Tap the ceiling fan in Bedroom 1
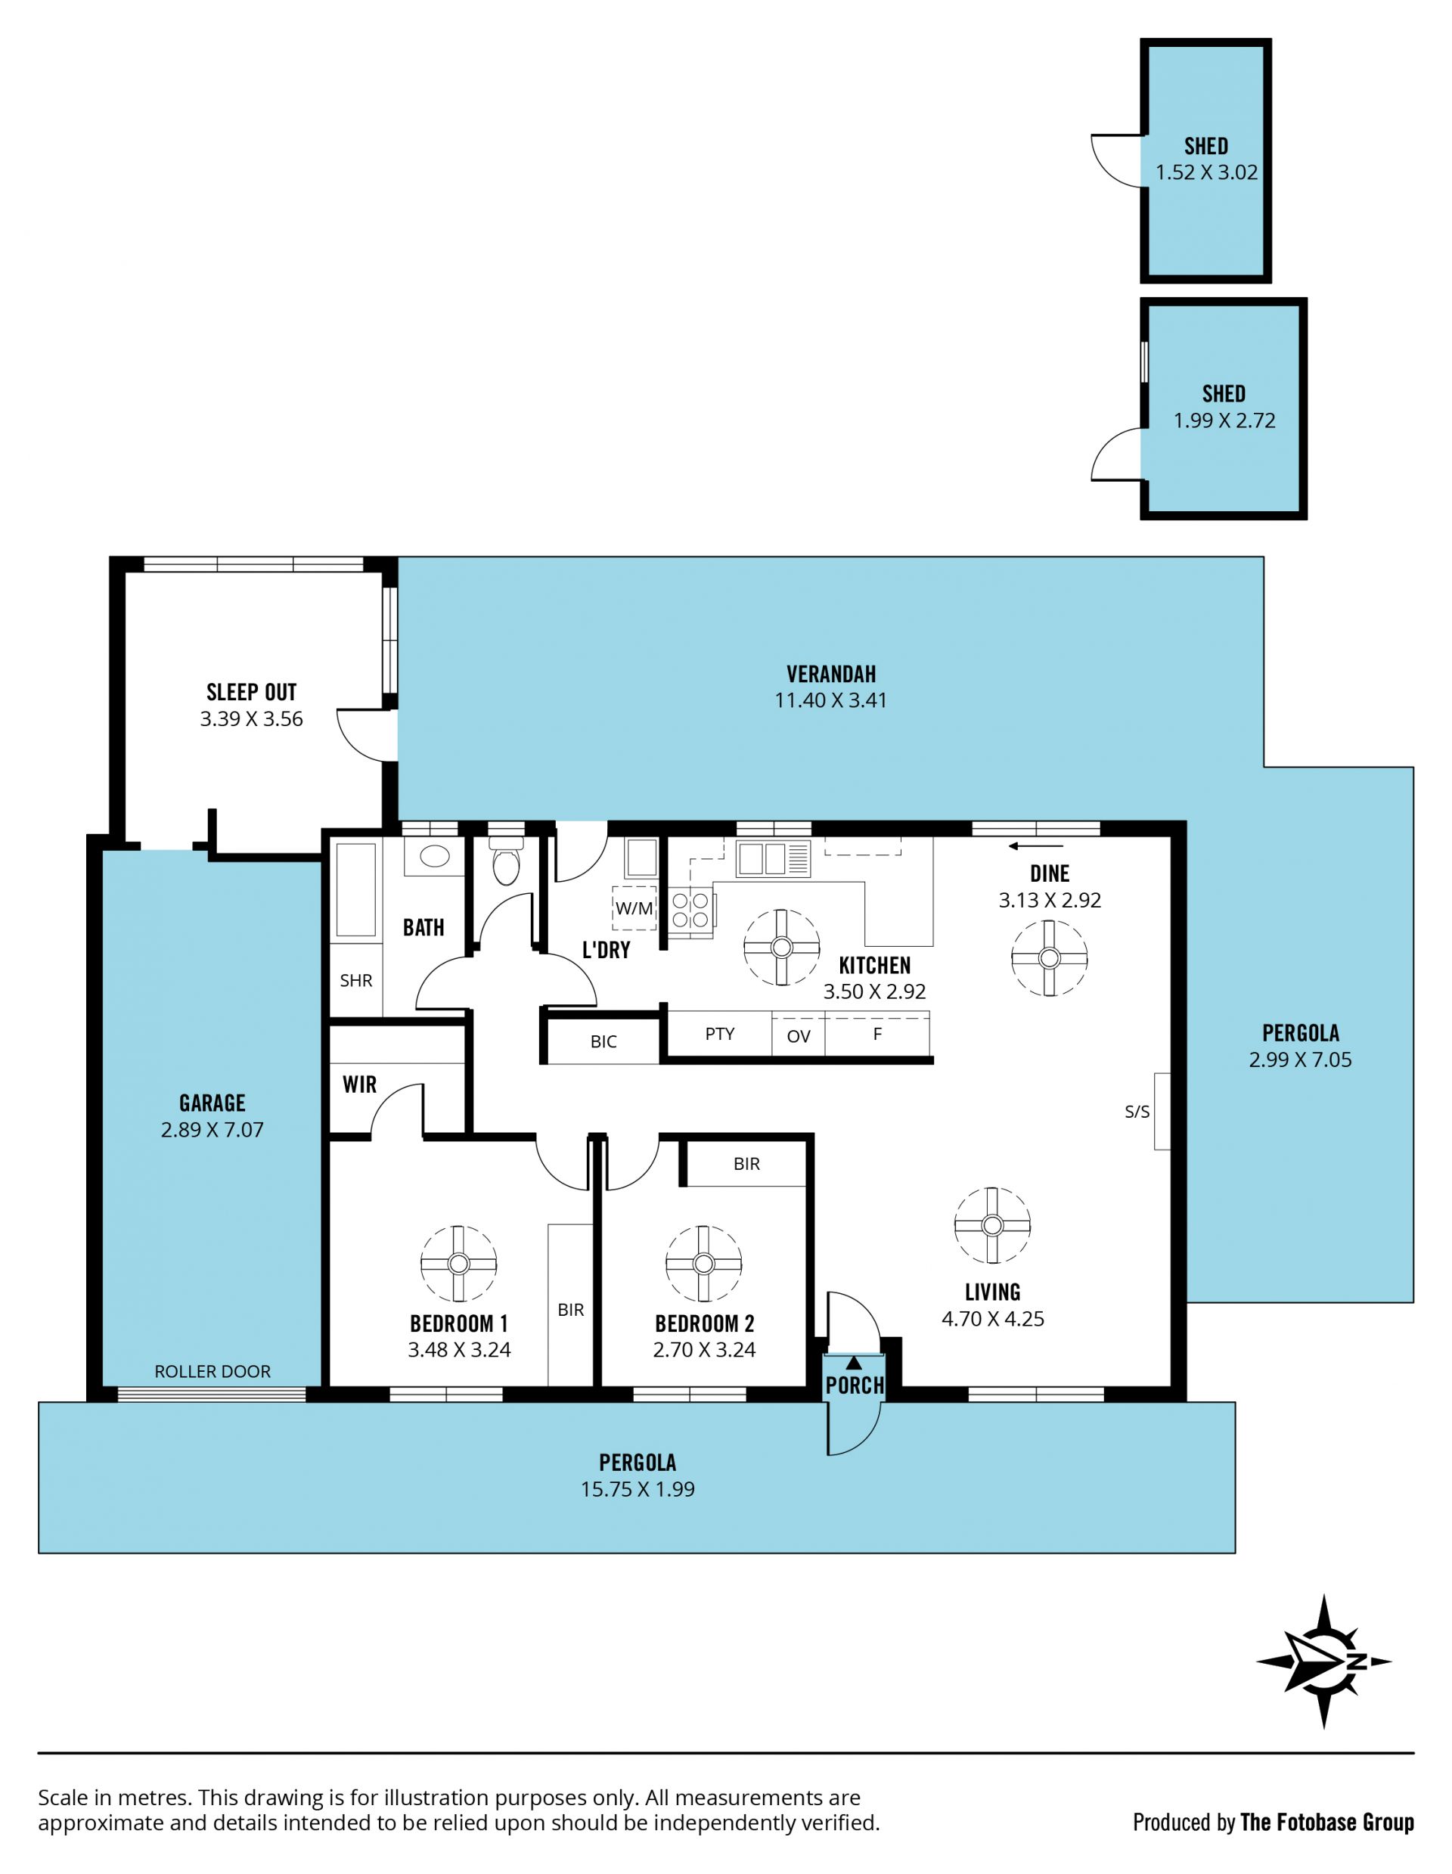tap(458, 1263)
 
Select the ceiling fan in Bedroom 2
tap(703, 1263)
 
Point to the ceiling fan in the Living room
tap(992, 1225)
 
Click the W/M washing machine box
tap(634, 908)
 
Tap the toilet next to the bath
tap(507, 861)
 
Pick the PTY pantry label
tap(719, 1034)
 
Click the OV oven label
tap(798, 1037)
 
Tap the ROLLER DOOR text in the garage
tap(212, 1371)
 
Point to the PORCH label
tap(855, 1385)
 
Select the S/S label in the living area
tap(1137, 1112)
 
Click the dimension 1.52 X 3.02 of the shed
tap(1206, 172)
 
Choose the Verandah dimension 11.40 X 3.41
tap(830, 700)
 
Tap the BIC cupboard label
tap(603, 1041)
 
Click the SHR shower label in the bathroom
tap(356, 980)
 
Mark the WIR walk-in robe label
tap(359, 1084)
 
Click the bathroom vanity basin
tap(434, 855)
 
